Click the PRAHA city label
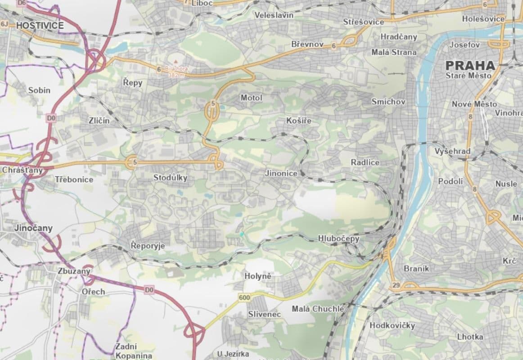coord(470,65)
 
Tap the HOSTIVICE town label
coord(40,26)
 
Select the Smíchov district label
coord(388,102)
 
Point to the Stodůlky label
coord(170,178)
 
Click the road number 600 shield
coord(244,297)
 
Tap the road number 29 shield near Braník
coord(396,285)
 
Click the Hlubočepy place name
coord(338,238)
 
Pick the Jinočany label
coord(33,228)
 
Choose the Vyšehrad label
coord(452,151)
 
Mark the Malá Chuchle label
coord(318,309)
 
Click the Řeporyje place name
coord(148,246)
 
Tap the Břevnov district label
coord(307,44)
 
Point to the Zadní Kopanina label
coord(133,351)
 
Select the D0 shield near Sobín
coord(51,118)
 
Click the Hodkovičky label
coord(392,325)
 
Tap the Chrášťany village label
coord(22,170)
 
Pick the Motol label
coord(251,98)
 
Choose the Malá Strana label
coord(394,52)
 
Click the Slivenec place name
coord(265,314)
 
